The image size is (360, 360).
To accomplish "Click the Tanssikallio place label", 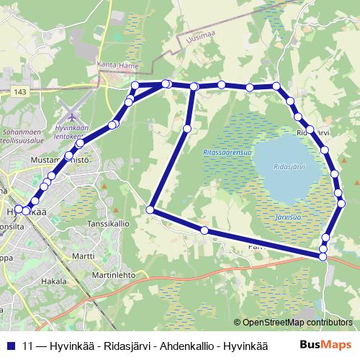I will tap(108, 224).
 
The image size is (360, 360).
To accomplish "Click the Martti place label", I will tap(83, 256).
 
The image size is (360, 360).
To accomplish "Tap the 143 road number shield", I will tap(20, 91).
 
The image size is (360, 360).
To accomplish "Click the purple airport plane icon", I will tap(71, 114).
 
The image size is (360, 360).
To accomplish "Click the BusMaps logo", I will tap(325, 344).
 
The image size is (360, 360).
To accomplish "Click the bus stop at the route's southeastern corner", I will tap(323, 256).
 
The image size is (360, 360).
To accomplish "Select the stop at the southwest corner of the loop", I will tap(150, 210).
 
